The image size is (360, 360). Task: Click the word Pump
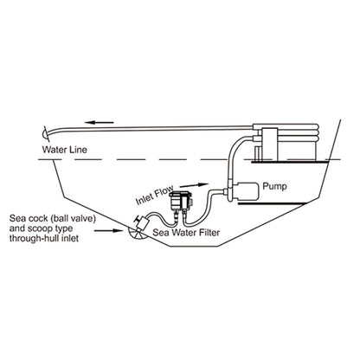274,186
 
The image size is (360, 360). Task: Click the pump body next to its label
246,191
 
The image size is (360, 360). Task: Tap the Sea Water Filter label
186,232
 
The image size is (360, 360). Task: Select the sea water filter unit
180,202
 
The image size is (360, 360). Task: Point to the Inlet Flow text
155,195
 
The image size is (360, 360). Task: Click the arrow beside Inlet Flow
195,184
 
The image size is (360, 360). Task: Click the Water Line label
64,150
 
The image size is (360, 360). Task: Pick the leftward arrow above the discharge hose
100,122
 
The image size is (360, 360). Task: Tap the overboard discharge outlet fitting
45,134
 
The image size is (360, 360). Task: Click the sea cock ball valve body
142,223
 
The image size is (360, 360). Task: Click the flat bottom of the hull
196,246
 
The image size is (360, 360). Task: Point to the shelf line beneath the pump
270,204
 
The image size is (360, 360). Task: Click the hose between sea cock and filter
159,219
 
